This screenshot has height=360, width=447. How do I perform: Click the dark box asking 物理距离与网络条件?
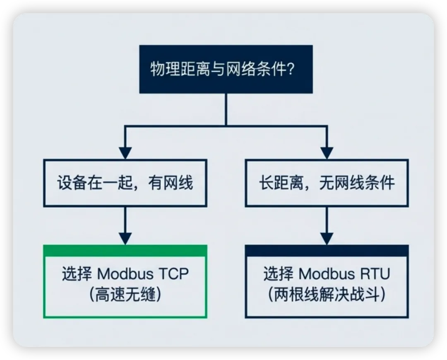click(x=226, y=69)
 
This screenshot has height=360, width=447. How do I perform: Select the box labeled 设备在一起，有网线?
click(x=125, y=183)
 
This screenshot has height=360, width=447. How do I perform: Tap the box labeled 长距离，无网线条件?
click(x=327, y=183)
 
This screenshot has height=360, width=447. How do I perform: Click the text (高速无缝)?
click(x=125, y=295)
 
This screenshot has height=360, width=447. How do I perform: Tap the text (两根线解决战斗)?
click(x=327, y=295)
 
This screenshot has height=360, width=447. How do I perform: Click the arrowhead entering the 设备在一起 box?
click(x=125, y=153)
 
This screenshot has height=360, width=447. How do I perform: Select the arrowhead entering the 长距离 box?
click(x=327, y=153)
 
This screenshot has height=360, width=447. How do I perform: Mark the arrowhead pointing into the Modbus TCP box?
click(x=125, y=238)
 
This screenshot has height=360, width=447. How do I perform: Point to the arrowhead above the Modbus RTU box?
click(x=327, y=238)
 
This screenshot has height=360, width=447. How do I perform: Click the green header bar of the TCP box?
click(x=125, y=250)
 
